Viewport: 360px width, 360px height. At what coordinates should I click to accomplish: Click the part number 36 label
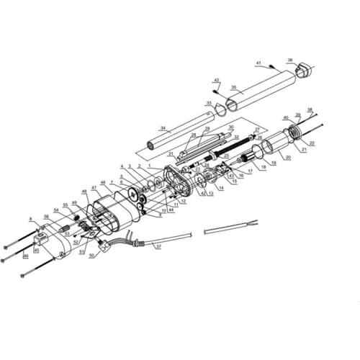point(290,61)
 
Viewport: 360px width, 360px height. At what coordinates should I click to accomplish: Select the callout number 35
point(233,88)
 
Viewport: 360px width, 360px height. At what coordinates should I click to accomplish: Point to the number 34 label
point(163,129)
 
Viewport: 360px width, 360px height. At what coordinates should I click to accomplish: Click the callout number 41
point(258,63)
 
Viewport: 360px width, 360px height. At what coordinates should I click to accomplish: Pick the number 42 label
point(216,80)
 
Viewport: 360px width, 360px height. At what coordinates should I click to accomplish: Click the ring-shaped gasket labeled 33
point(220,109)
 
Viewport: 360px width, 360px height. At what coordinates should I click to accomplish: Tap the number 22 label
point(312,144)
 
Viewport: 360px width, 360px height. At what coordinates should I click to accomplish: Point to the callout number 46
point(27,255)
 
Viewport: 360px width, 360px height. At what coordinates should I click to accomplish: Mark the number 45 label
point(37,250)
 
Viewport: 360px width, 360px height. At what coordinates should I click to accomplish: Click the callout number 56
point(47,216)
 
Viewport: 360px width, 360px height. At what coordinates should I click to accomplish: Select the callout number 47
point(94,187)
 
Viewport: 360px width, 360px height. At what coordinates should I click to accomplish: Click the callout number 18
point(264,167)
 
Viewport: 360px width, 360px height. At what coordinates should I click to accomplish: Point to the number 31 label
point(170,154)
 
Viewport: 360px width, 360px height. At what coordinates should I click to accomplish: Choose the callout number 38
point(310,109)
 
